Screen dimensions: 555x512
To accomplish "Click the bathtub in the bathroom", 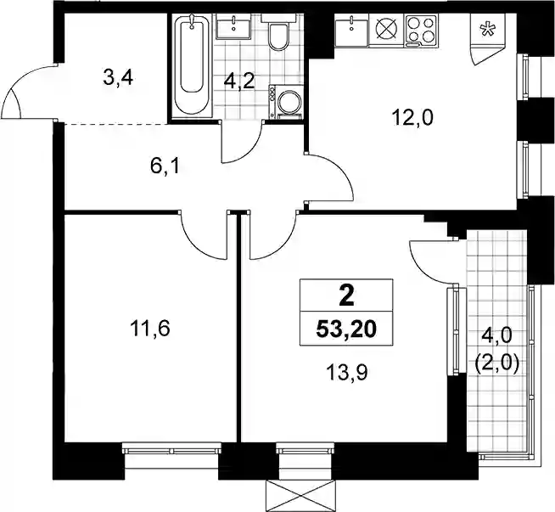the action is point(192,66).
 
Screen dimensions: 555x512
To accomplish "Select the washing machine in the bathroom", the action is point(286,102).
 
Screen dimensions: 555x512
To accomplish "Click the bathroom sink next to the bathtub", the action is point(234,26).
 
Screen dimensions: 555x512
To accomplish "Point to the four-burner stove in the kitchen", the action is point(420,31).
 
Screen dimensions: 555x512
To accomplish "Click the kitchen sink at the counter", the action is point(352,31).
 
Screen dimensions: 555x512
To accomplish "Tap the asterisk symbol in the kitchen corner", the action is point(487,30).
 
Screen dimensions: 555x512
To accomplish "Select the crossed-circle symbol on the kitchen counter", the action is point(386,28).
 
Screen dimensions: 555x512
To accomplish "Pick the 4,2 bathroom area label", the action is point(239,82).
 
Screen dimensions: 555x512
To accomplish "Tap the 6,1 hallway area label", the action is point(165,166).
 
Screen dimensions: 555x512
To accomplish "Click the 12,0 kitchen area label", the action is point(412,118).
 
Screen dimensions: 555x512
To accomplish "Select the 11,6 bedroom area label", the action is point(150,328).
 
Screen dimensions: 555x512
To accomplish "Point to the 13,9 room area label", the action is point(348,373).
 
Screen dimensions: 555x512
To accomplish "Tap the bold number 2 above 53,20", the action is point(346,296).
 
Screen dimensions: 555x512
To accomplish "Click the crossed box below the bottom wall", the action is point(300,496).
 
